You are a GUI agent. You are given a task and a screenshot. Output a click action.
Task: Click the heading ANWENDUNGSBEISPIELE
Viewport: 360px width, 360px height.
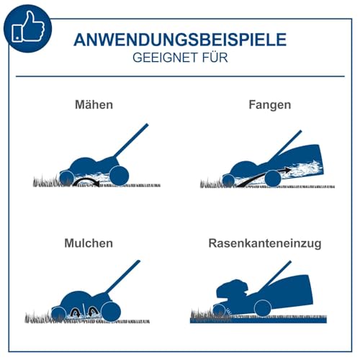click(x=180, y=40)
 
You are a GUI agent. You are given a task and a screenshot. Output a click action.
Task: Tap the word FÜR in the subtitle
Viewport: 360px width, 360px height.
click(x=215, y=57)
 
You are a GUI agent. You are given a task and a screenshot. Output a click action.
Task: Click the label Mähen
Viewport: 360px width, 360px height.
click(x=94, y=104)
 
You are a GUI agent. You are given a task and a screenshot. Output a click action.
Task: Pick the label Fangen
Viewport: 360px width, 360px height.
click(x=270, y=105)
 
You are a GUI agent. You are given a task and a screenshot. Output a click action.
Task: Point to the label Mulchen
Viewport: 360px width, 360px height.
click(x=89, y=243)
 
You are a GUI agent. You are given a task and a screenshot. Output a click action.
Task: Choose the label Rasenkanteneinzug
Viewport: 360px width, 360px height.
click(x=265, y=243)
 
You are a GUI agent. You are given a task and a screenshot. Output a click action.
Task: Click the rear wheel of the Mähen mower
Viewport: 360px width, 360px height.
click(x=119, y=176)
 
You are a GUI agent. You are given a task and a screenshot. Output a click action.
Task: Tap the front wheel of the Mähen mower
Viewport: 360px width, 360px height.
click(x=66, y=179)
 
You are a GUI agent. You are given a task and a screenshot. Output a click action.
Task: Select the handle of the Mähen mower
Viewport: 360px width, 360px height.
click(x=131, y=140)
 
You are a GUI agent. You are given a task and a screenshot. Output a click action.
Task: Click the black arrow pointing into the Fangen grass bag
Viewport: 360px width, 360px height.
click(x=263, y=176)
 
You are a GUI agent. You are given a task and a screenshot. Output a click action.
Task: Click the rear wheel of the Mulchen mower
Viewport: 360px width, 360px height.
click(x=111, y=312)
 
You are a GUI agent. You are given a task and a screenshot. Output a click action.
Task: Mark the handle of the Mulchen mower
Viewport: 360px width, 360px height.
click(x=122, y=276)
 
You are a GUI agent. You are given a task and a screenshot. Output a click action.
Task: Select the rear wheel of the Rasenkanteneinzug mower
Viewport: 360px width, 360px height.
click(x=263, y=309)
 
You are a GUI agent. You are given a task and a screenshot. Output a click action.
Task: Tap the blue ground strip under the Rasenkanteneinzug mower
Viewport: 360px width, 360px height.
click(x=258, y=320)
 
